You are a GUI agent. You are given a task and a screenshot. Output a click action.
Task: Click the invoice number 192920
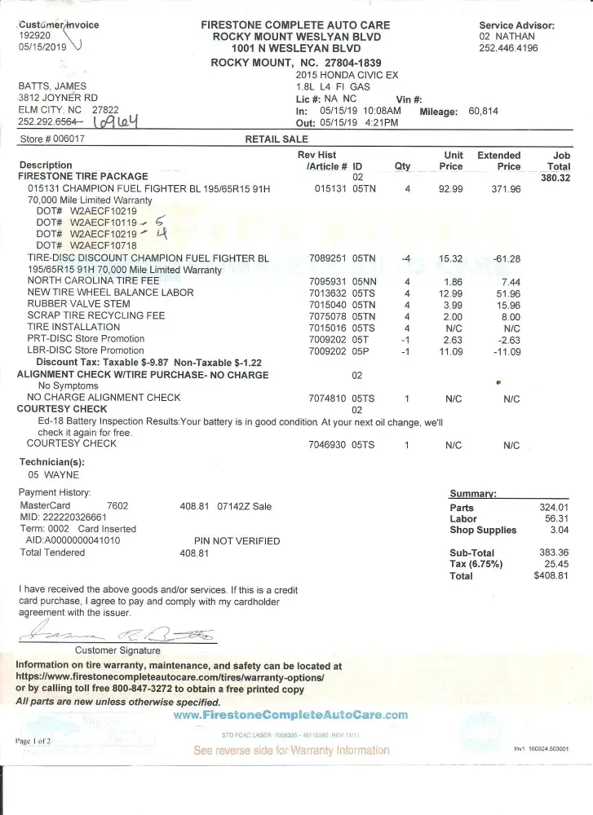[x=34, y=36]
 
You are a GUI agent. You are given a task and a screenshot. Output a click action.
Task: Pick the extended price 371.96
[x=506, y=189]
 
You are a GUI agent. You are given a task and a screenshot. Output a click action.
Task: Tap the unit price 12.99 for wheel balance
[x=451, y=293]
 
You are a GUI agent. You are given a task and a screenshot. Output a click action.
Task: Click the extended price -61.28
[x=506, y=258]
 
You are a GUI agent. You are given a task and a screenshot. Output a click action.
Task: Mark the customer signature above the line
[x=118, y=632]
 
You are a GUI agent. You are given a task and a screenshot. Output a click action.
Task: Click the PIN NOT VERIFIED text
[x=237, y=540]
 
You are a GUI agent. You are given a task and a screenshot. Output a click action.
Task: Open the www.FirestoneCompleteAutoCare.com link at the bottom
[x=290, y=715]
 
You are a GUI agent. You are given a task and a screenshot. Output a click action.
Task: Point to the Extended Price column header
[x=499, y=161]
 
